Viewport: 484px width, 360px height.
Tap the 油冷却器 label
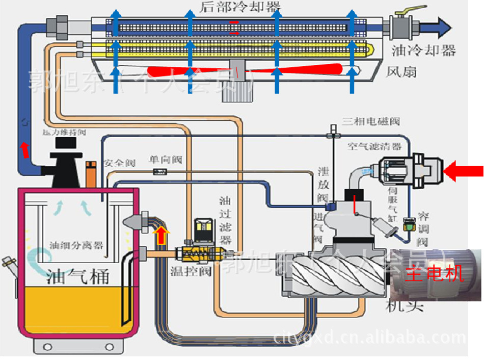pos(423,50)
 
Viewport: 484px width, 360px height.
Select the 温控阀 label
pos(191,271)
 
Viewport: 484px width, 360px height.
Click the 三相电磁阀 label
pos(370,121)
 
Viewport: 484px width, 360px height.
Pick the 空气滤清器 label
pos(374,147)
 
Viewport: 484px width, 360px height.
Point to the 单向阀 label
pos(165,159)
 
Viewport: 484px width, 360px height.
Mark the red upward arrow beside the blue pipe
pos(23,150)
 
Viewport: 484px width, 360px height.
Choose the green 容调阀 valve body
pos(408,223)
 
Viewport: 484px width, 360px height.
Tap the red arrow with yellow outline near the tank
pos(161,236)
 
